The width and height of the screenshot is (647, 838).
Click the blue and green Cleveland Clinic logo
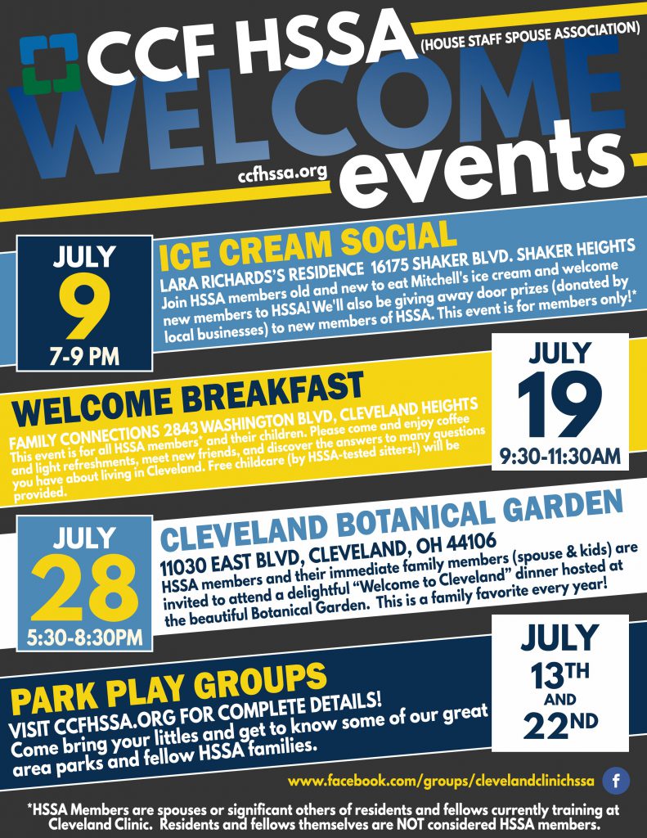click(x=51, y=64)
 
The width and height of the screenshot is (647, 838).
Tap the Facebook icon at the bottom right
click(x=616, y=781)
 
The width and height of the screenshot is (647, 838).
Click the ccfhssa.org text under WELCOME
click(x=282, y=173)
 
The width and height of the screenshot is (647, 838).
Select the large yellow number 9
click(x=84, y=306)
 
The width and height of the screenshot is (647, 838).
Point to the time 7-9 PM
click(x=84, y=357)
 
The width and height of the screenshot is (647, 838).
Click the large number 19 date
click(x=559, y=404)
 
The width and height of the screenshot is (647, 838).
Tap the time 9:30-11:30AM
click(x=560, y=456)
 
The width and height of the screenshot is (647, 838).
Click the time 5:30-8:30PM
click(x=84, y=637)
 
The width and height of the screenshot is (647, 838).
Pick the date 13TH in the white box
click(x=559, y=674)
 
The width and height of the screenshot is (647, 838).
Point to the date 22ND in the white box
click(x=560, y=725)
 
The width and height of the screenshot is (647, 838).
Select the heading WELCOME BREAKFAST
click(x=188, y=399)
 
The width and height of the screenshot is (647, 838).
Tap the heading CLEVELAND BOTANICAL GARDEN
click(x=392, y=520)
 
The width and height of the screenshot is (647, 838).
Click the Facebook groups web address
click(x=441, y=781)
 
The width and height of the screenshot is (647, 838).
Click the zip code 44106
click(x=472, y=543)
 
